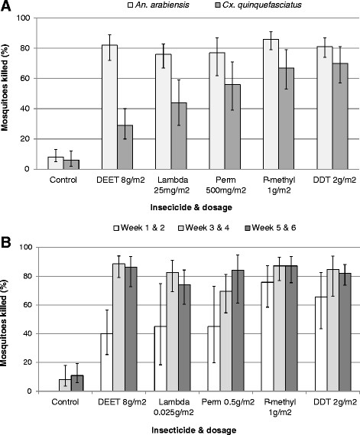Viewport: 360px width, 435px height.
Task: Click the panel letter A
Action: pyautogui.click(x=8, y=8)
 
